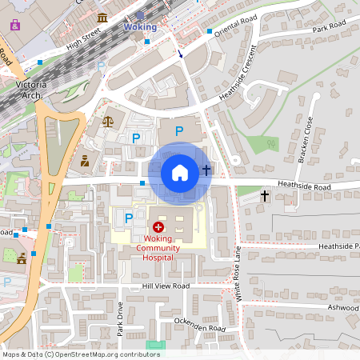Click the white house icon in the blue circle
[x=180, y=172]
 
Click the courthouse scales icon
[x=108, y=122]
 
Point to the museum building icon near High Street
[x=102, y=18]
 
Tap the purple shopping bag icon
[x=14, y=25]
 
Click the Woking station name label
[x=140, y=27]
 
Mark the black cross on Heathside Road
[x=265, y=195]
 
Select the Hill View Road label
[x=166, y=286]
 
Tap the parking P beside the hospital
[x=128, y=217]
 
